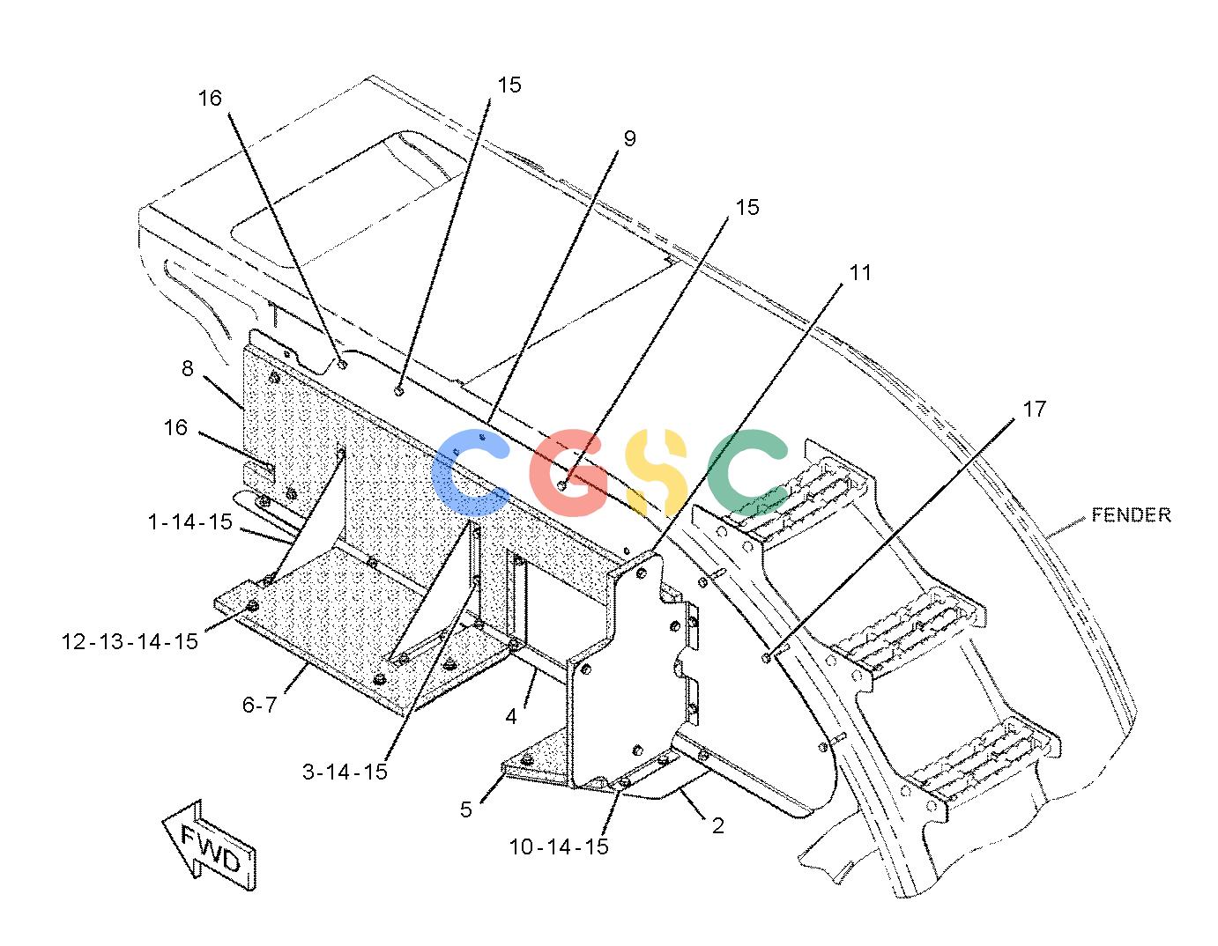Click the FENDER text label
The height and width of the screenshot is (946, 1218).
pos(1131,514)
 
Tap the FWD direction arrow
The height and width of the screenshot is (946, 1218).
pos(210,846)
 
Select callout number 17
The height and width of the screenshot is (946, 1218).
pos(1035,410)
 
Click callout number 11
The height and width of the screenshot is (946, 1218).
pos(860,273)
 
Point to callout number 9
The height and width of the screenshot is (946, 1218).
pos(630,139)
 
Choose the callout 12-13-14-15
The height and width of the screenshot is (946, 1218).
pos(130,641)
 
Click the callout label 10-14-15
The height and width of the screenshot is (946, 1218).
pos(559,846)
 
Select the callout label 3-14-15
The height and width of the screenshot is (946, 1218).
pos(345,772)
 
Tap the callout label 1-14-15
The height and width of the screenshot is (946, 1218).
pos(190,522)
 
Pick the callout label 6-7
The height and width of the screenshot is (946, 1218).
pos(259,705)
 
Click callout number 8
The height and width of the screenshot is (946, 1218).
pos(187,368)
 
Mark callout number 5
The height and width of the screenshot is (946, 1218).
pos(466,809)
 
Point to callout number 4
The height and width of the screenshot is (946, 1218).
pos(510,716)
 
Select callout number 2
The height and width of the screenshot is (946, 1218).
pos(718,825)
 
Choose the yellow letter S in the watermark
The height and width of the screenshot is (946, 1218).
pos(657,472)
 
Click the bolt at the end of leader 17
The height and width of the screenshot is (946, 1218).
pos(766,658)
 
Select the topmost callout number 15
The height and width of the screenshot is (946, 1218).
pos(509,85)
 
